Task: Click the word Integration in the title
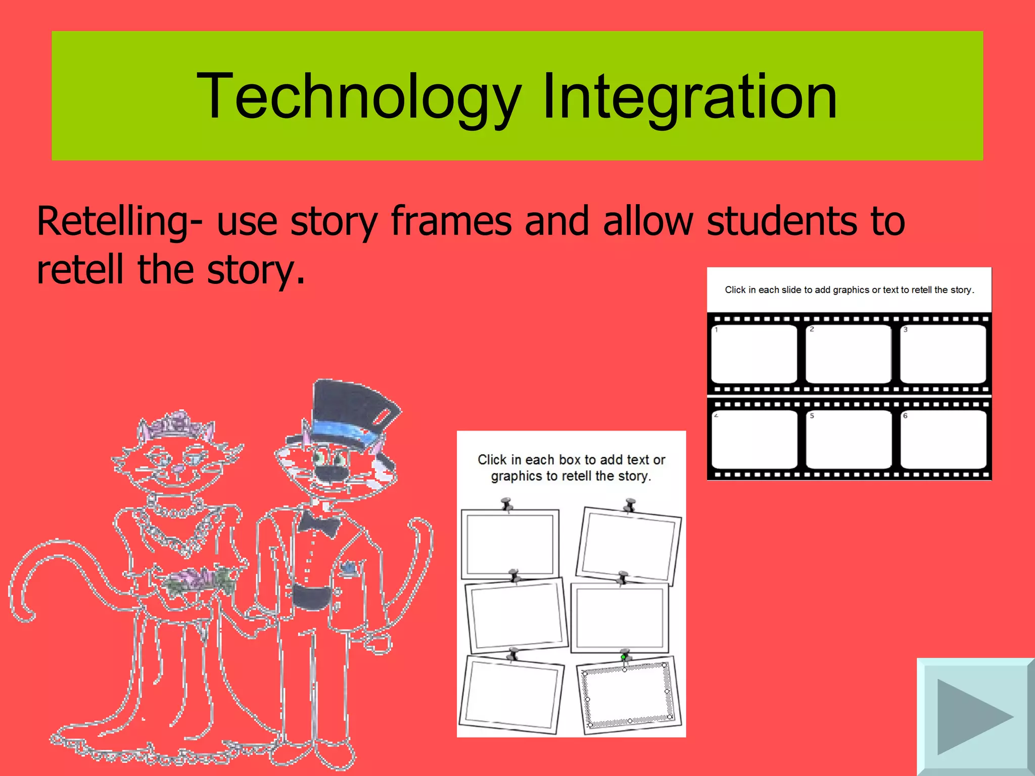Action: (690, 97)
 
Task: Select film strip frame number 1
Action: (754, 354)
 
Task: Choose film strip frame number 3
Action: (943, 354)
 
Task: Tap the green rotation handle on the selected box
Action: (624, 657)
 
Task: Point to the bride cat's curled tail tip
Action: (23, 614)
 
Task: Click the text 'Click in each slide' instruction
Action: (849, 290)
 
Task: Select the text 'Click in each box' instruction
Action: (571, 468)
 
